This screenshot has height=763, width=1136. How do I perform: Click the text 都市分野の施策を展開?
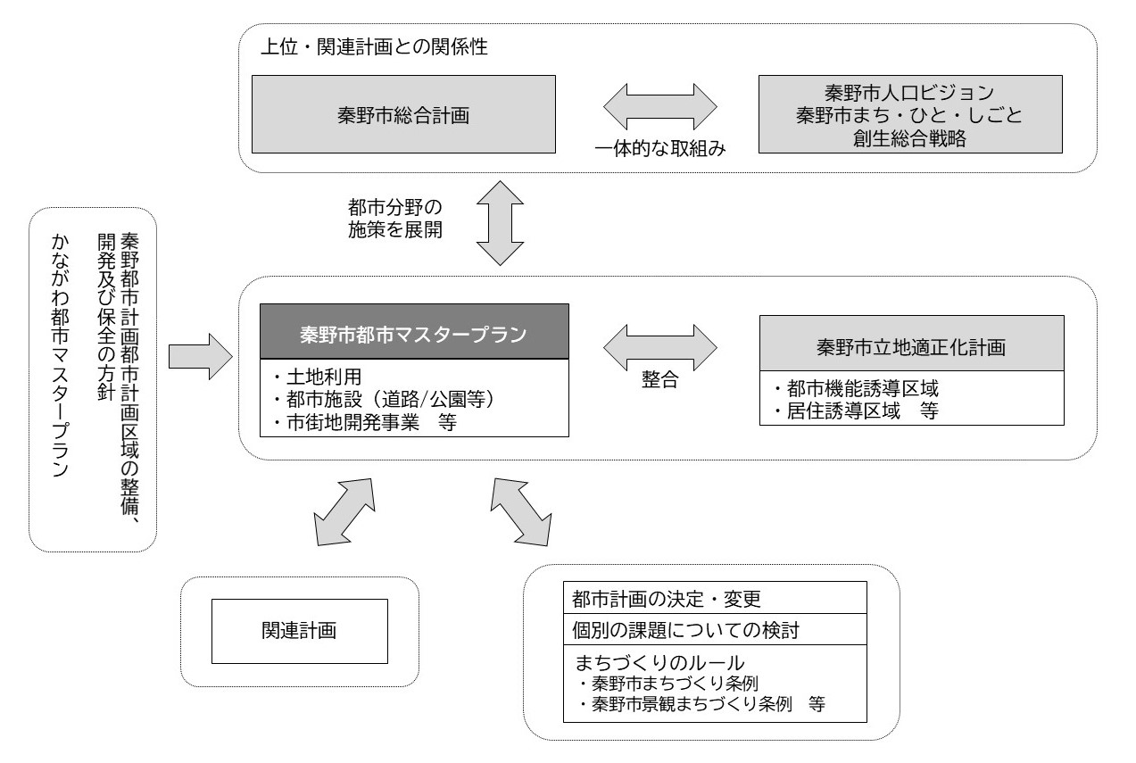[x=395, y=217]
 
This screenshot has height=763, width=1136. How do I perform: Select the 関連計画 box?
[x=299, y=631]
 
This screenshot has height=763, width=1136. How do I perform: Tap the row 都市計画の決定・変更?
[x=665, y=597]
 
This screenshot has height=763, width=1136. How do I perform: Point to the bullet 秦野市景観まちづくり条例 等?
[x=701, y=704]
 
